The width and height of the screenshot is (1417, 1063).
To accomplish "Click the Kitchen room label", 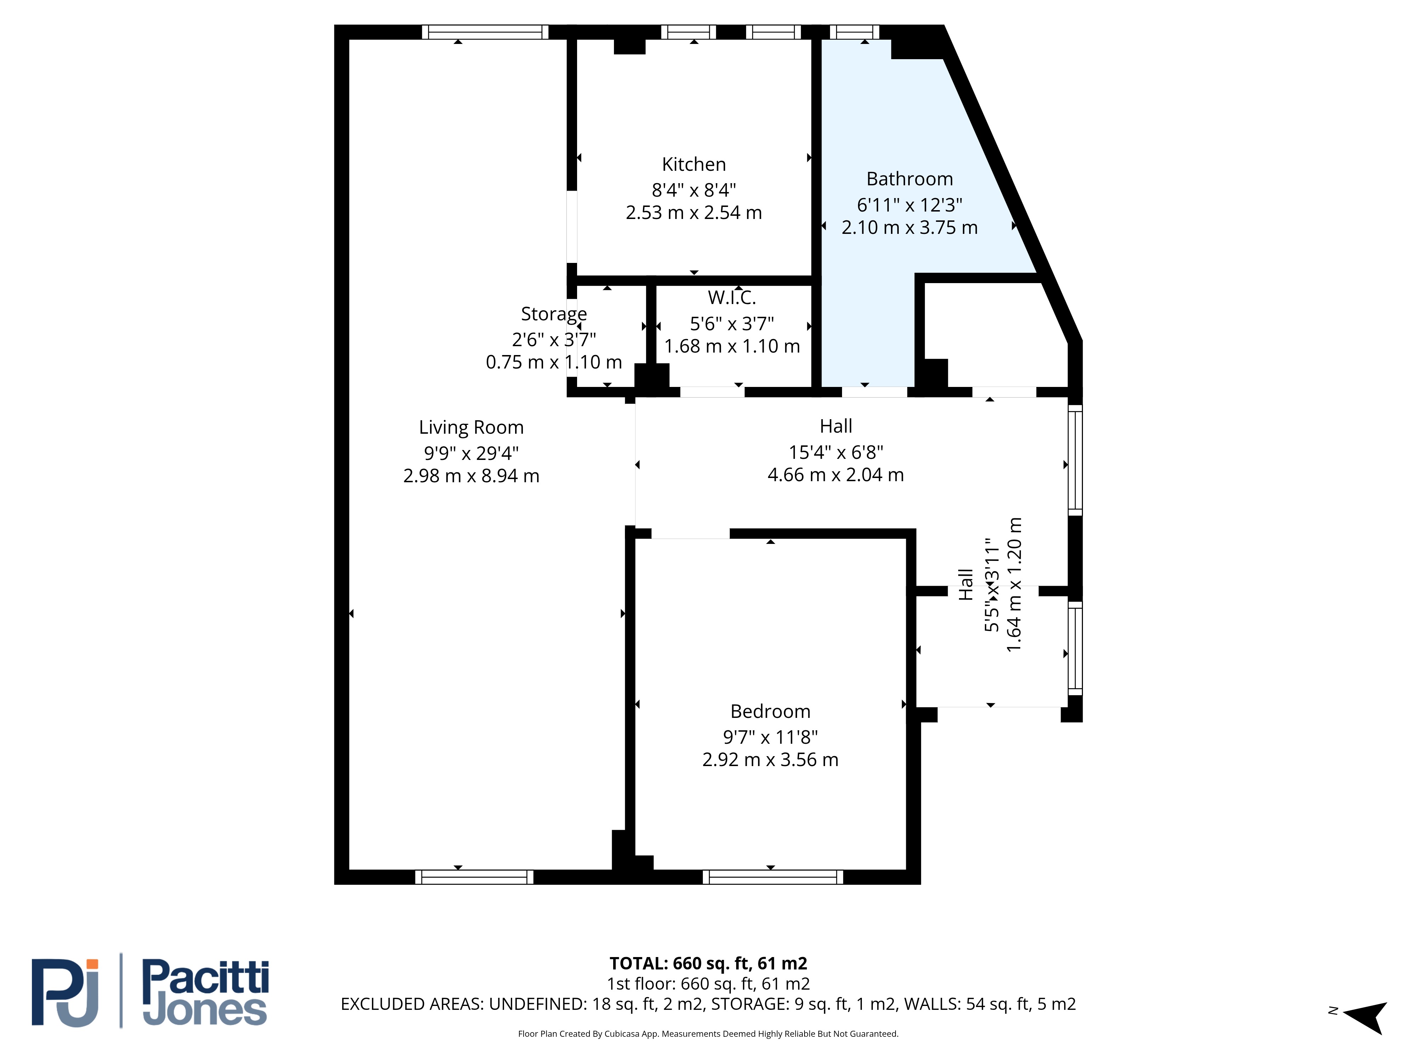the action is pyautogui.click(x=694, y=165).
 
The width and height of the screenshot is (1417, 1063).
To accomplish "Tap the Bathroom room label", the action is pyautogui.click(x=910, y=179).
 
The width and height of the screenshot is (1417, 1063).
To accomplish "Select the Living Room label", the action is pyautogui.click(x=472, y=427).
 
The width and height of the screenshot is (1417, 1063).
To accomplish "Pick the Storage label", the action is pyautogui.click(x=554, y=314).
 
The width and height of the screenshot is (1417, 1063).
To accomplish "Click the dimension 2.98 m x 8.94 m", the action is pyautogui.click(x=472, y=476).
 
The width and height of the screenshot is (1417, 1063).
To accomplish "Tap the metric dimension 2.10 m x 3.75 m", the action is pyautogui.click(x=910, y=227).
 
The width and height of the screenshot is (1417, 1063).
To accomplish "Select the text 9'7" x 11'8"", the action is pyautogui.click(x=770, y=737).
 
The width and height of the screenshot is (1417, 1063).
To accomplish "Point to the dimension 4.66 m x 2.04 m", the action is pyautogui.click(x=836, y=475).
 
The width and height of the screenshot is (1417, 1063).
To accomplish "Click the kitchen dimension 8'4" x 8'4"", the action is pyautogui.click(x=694, y=190).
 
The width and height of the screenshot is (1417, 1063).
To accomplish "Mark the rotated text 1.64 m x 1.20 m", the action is pyautogui.click(x=1014, y=585).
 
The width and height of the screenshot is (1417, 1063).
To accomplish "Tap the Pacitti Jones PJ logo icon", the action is pyautogui.click(x=65, y=992).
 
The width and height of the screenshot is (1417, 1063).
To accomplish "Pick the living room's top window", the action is pyautogui.click(x=485, y=32).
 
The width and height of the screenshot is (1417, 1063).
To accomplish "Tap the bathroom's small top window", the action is pyautogui.click(x=854, y=32).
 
